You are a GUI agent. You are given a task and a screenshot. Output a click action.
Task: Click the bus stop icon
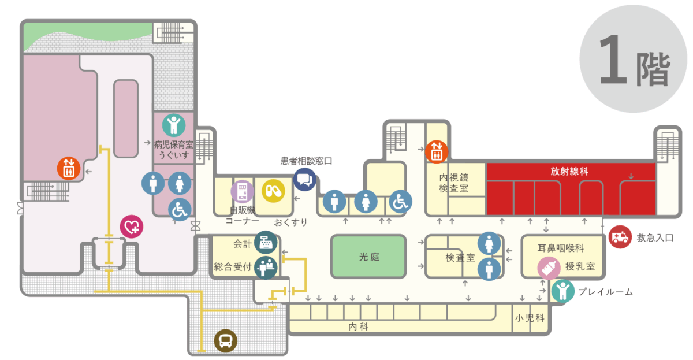[226, 341]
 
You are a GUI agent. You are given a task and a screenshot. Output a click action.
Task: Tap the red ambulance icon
[620, 237]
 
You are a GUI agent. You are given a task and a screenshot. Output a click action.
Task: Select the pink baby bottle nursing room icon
[549, 268]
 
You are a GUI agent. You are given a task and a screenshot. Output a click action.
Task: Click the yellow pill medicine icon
[273, 191]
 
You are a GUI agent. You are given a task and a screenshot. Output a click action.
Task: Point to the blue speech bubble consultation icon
[305, 180]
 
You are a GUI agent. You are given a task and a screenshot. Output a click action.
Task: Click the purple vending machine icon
[242, 192]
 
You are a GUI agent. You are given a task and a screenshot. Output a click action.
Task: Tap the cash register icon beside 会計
[266, 242]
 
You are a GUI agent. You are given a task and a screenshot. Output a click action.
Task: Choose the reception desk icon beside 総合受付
[266, 268]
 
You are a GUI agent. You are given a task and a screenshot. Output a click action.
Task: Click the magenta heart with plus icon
[132, 227]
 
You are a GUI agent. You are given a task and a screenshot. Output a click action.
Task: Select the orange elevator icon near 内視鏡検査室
[436, 151]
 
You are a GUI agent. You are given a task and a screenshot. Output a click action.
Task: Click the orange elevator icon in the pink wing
[69, 169]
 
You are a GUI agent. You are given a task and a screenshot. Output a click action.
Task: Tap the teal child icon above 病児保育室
[174, 125]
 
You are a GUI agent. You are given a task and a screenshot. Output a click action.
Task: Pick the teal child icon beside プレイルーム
[562, 291]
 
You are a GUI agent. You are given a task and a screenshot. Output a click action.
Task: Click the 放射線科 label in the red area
[569, 171]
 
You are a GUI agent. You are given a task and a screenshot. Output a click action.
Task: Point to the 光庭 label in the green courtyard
[369, 257]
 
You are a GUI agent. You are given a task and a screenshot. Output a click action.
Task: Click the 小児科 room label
[530, 318]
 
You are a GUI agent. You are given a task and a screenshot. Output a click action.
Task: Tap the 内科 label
[358, 326]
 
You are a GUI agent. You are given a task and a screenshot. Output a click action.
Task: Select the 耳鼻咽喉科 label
[561, 248]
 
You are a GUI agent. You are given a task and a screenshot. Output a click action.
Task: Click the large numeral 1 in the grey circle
[613, 59]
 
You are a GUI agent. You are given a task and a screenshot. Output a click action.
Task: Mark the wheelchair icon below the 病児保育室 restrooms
[180, 209]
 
